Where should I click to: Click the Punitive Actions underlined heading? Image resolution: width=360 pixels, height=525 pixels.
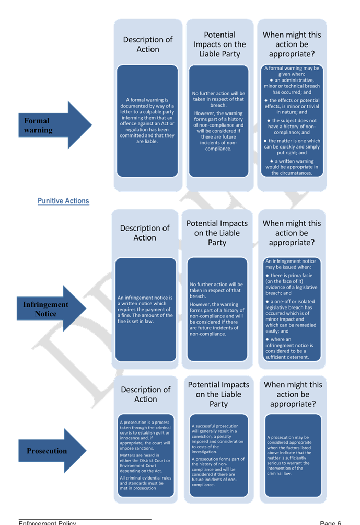coord(63,201)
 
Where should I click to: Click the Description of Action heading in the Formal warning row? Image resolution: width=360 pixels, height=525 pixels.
coord(148,44)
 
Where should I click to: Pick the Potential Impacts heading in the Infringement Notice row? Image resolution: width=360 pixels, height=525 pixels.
coord(217,233)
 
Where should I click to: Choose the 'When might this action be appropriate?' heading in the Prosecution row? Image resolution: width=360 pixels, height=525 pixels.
coord(293,394)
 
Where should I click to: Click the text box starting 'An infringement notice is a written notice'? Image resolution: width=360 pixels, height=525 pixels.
coord(145,309)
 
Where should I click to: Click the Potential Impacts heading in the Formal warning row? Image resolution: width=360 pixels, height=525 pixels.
coord(219,44)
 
